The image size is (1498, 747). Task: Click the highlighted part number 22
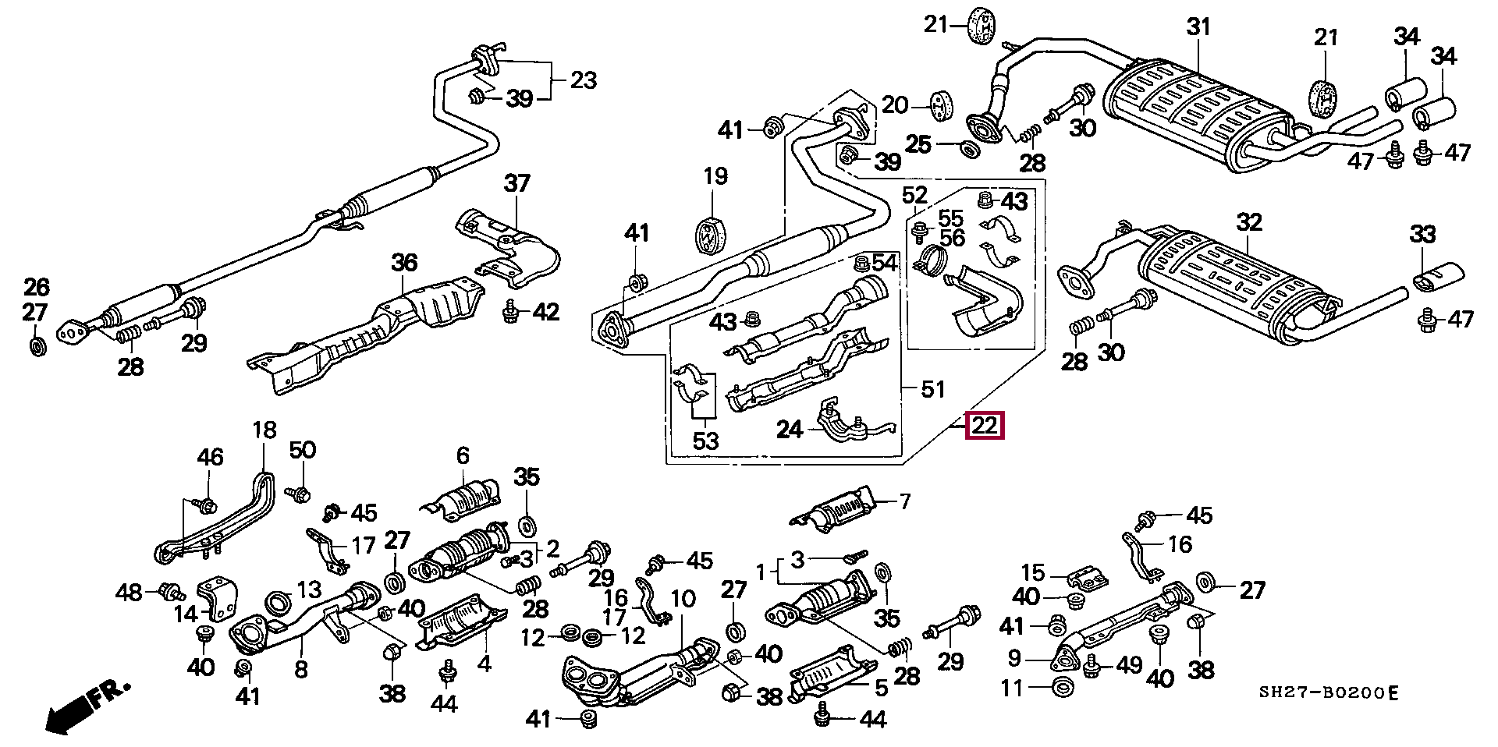pyautogui.click(x=985, y=427)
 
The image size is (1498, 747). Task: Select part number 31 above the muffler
pyautogui.click(x=1198, y=27)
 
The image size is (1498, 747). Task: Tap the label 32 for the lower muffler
pyautogui.click(x=1248, y=222)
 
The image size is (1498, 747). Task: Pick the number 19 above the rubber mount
pyautogui.click(x=715, y=175)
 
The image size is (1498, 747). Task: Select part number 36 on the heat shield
pyautogui.click(x=404, y=263)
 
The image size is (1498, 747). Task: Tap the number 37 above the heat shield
pyautogui.click(x=516, y=184)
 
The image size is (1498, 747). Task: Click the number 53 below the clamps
pyautogui.click(x=705, y=441)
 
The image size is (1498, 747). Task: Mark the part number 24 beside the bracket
pyautogui.click(x=790, y=429)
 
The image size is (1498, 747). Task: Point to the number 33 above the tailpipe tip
pyautogui.click(x=1422, y=234)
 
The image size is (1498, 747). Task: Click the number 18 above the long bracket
pyautogui.click(x=264, y=430)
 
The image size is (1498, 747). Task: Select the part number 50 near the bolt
pyautogui.click(x=303, y=450)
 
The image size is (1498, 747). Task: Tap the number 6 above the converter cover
pyautogui.click(x=463, y=456)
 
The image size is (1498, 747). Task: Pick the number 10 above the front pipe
pyautogui.click(x=683, y=599)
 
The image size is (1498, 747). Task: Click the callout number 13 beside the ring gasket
pyautogui.click(x=308, y=589)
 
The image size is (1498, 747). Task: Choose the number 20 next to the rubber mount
pyautogui.click(x=896, y=104)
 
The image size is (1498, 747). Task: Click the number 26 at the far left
pyautogui.click(x=37, y=288)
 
